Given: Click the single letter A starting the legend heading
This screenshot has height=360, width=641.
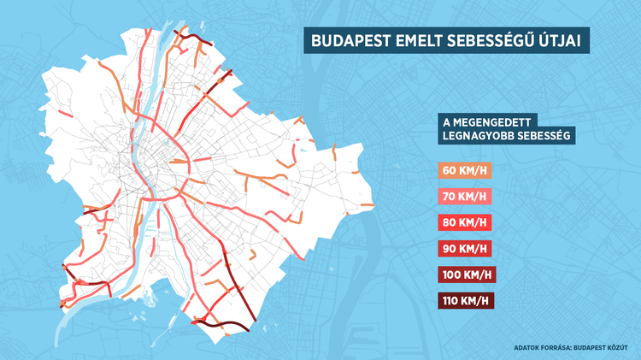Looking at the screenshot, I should coord(444,122).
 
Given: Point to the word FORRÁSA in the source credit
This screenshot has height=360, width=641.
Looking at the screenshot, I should coord(561,348).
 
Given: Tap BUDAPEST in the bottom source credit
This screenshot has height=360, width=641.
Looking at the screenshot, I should coord(595,348).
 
